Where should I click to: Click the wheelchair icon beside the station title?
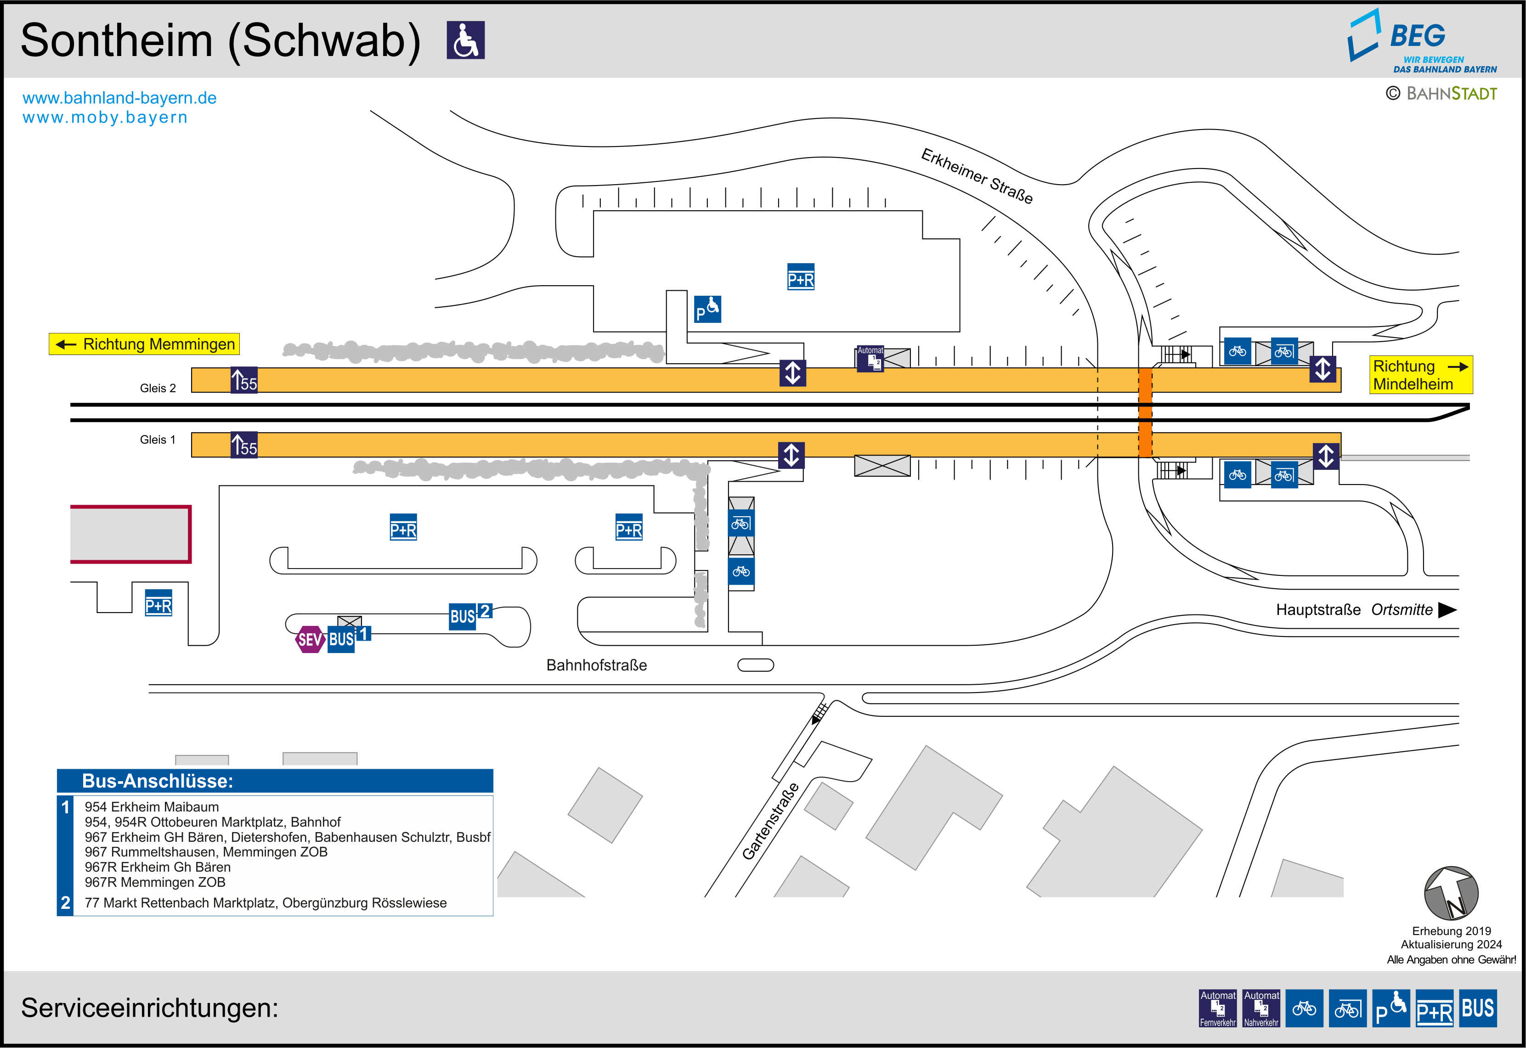(465, 40)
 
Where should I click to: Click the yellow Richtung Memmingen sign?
(144, 344)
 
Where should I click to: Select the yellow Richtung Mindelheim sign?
(1420, 375)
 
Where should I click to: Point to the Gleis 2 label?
(158, 388)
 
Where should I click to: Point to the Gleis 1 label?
(158, 439)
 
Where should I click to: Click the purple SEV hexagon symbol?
(310, 639)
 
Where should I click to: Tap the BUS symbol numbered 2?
(469, 615)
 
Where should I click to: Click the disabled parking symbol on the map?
(707, 309)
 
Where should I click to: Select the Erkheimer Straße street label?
(977, 175)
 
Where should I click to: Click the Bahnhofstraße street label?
(596, 665)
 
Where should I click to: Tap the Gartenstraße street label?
(770, 821)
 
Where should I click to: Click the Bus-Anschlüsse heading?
(158, 781)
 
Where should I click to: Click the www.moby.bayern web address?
(105, 118)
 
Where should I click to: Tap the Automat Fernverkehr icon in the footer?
(1217, 1008)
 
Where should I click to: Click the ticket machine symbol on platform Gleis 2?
(870, 359)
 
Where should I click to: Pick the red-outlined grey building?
(130, 534)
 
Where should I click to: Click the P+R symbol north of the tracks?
(800, 277)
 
